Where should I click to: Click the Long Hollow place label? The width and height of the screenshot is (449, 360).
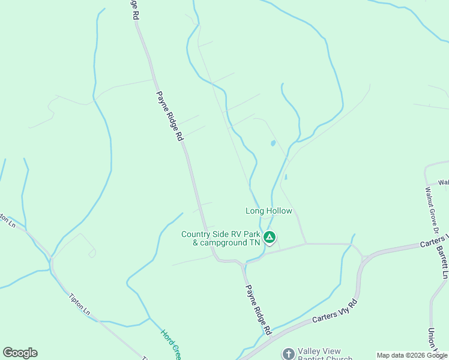268,211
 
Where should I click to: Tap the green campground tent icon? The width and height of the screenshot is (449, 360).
270,238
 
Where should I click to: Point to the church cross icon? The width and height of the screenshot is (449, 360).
289,353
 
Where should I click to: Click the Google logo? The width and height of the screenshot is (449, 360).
20,353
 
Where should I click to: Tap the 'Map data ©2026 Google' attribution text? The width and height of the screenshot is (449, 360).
412,355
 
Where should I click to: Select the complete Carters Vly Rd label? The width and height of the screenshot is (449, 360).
335,312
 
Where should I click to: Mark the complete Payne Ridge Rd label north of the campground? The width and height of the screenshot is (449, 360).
169,116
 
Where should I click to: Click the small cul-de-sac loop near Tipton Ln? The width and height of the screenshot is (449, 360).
92,253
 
